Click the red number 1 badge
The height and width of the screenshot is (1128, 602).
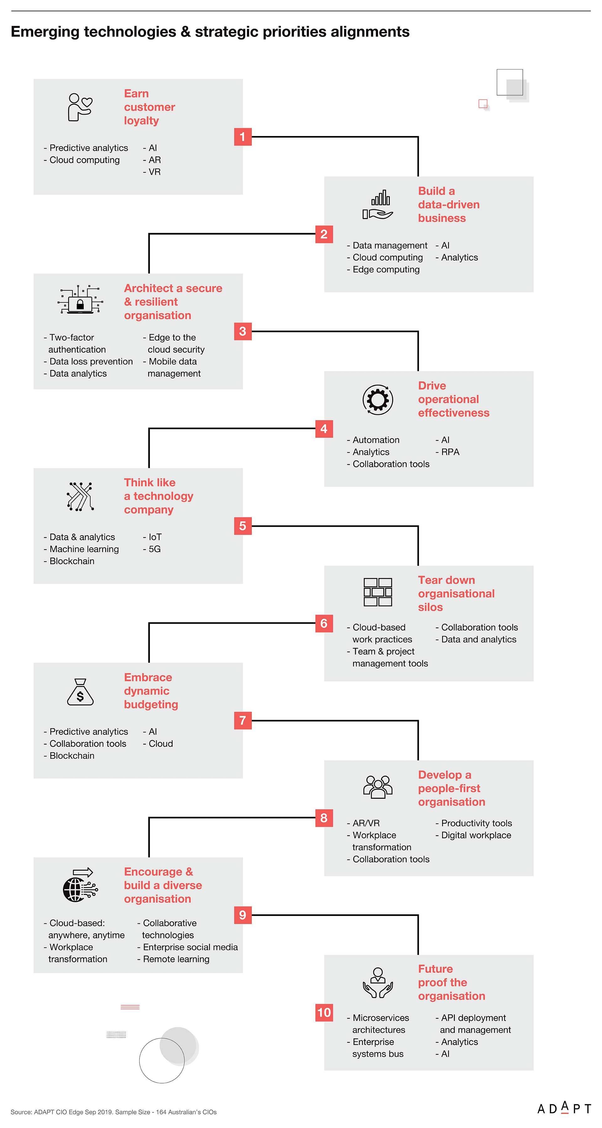pyautogui.click(x=243, y=137)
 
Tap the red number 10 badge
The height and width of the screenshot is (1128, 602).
pyautogui.click(x=324, y=1012)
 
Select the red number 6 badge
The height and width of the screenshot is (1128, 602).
pyautogui.click(x=324, y=623)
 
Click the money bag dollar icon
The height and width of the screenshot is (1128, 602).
pyautogui.click(x=80, y=692)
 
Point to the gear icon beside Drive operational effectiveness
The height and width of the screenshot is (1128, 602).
pyautogui.click(x=378, y=400)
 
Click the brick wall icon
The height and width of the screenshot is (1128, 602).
pyautogui.click(x=378, y=592)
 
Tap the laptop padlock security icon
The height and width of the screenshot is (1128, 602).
pyautogui.click(x=80, y=300)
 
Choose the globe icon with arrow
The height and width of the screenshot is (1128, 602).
pyautogui.click(x=80, y=885)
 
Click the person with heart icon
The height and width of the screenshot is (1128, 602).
pyautogui.click(x=80, y=107)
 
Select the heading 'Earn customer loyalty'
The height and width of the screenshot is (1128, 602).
pyautogui.click(x=150, y=107)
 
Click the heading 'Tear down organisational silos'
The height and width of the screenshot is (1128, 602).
pyautogui.click(x=456, y=593)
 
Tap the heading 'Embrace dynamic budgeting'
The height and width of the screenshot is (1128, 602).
pyautogui.click(x=151, y=691)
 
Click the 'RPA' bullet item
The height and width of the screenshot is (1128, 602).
pyautogui.click(x=447, y=452)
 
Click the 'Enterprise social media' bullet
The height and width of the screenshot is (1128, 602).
pyautogui.click(x=187, y=947)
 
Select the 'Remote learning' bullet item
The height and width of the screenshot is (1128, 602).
pyautogui.click(x=173, y=959)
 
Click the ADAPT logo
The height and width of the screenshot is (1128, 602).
pyautogui.click(x=564, y=1108)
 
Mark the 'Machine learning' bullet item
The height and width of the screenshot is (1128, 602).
pyautogui.click(x=81, y=549)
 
